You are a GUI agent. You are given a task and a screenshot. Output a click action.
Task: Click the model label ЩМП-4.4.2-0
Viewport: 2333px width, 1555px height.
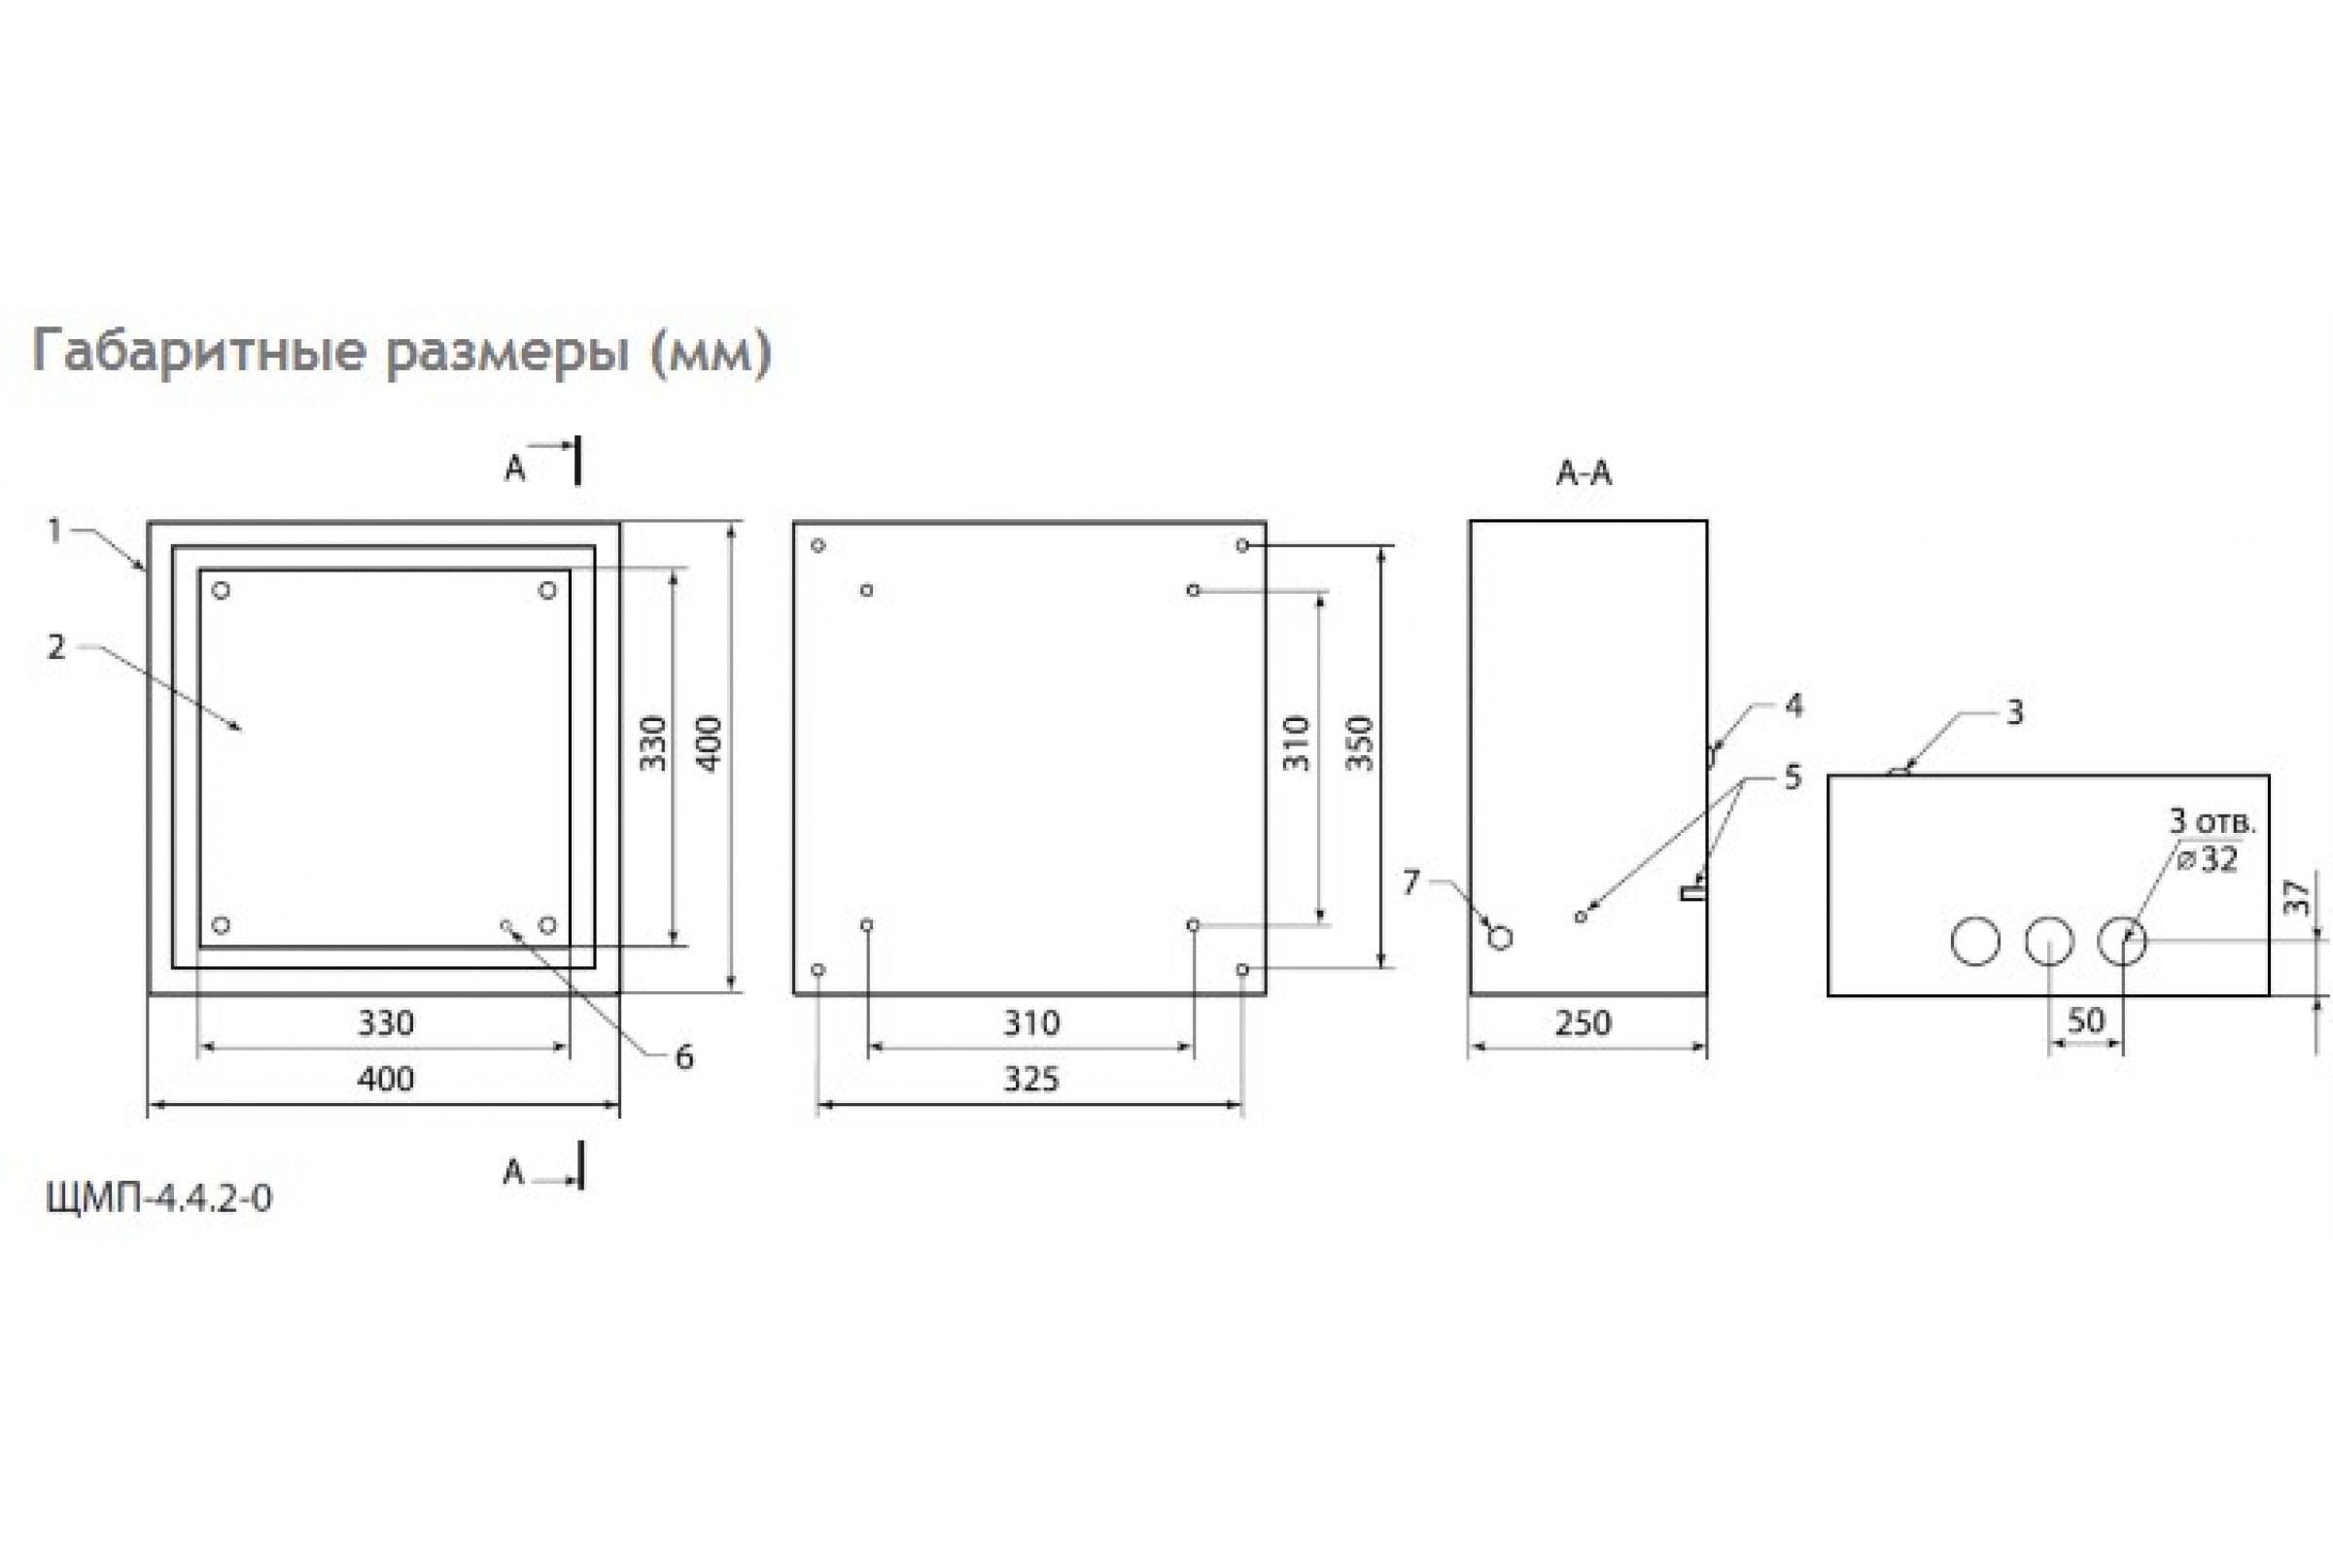tap(158, 1198)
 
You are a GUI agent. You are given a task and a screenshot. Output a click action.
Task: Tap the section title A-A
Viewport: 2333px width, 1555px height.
tap(1584, 473)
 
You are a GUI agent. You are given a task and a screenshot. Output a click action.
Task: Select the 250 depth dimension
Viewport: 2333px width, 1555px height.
tap(1584, 1022)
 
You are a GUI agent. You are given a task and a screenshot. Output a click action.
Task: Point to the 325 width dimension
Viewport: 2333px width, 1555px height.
tap(1030, 1079)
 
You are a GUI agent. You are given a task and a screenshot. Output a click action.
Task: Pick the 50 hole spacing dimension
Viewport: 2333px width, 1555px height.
tap(2085, 1020)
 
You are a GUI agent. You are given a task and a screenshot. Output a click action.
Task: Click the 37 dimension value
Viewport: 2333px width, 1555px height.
tap(2297, 897)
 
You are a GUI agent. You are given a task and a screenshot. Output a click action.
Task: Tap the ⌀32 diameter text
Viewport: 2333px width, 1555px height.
tap(2208, 859)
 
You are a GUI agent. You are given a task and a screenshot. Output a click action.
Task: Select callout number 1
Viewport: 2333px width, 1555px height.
tap(55, 531)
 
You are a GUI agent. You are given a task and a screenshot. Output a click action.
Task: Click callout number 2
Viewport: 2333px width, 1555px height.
tap(56, 646)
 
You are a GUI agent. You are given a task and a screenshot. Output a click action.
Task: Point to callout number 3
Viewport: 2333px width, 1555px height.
tap(2014, 712)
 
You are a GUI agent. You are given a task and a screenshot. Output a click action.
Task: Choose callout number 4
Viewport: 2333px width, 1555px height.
tap(1793, 706)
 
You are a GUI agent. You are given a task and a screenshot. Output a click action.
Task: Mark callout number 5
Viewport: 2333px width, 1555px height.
tap(1793, 777)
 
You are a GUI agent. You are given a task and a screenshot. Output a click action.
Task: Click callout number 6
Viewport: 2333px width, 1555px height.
tap(683, 1057)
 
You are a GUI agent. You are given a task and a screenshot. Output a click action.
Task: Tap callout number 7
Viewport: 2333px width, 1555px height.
tap(1410, 881)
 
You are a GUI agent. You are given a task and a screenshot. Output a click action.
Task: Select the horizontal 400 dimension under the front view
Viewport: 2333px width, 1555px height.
tap(385, 1079)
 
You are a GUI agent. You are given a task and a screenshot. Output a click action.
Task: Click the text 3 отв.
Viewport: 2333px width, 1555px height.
tap(2212, 821)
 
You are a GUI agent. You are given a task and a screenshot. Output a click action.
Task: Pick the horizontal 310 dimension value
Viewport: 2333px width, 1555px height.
tap(1031, 1022)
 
